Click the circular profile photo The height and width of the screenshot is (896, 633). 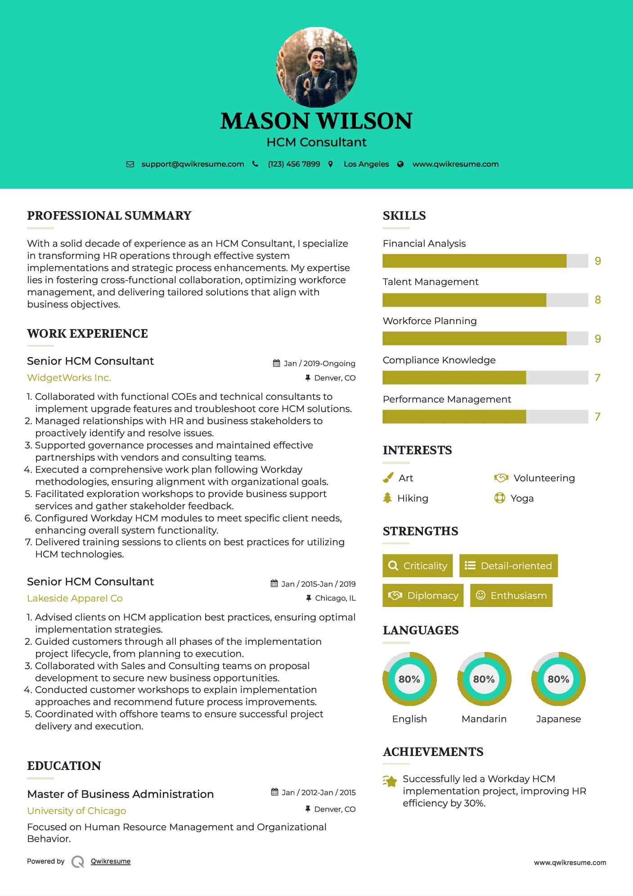[316, 67]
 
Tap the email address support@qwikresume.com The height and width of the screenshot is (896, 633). [193, 164]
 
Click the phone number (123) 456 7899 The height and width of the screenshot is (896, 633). [294, 164]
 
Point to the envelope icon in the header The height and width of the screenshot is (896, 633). [130, 164]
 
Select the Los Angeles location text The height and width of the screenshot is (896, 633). [366, 164]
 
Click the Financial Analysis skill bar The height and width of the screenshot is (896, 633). [485, 261]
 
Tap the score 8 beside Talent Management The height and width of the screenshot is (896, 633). [597, 300]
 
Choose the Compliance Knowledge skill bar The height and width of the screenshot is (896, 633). [485, 378]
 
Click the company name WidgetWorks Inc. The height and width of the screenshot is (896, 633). [69, 378]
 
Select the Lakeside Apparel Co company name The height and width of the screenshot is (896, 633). [75, 598]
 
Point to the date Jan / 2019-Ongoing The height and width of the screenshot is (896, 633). [319, 363]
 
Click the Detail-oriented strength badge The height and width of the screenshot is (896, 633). [508, 566]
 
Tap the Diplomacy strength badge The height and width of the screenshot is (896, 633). [423, 596]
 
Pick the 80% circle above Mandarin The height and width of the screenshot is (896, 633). [484, 679]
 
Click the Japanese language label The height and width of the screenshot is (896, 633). [558, 719]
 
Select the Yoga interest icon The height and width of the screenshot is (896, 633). [499, 498]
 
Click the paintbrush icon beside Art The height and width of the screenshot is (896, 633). [388, 478]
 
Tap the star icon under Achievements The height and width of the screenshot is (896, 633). [390, 781]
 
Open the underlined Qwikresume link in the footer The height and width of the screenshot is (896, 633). [111, 861]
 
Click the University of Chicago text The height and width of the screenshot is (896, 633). [76, 811]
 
